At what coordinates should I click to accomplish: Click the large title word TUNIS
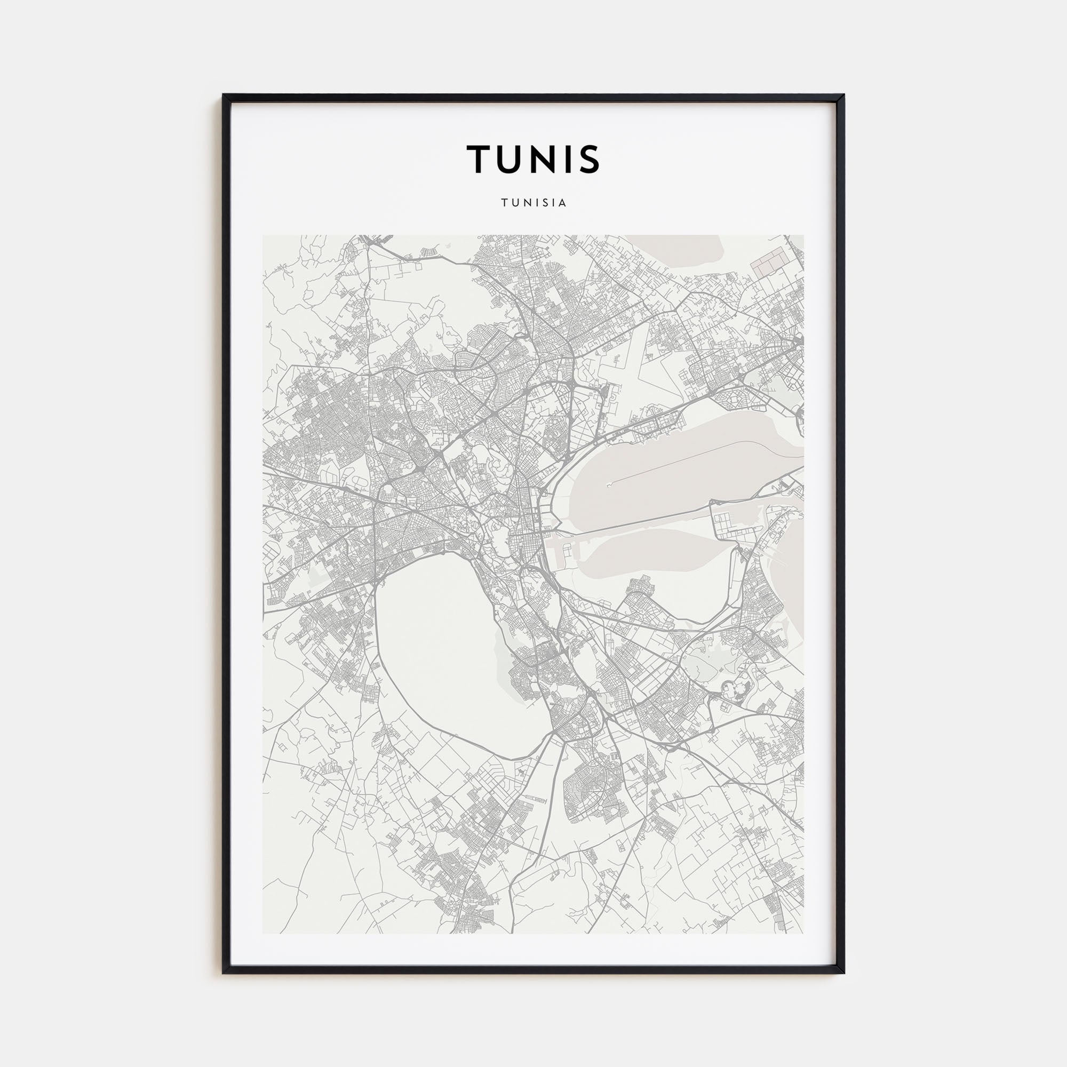click(533, 159)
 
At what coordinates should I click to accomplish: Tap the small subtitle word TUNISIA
click(533, 203)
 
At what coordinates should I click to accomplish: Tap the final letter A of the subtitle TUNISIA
click(563, 203)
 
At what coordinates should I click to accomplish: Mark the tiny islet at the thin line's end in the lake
click(608, 485)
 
